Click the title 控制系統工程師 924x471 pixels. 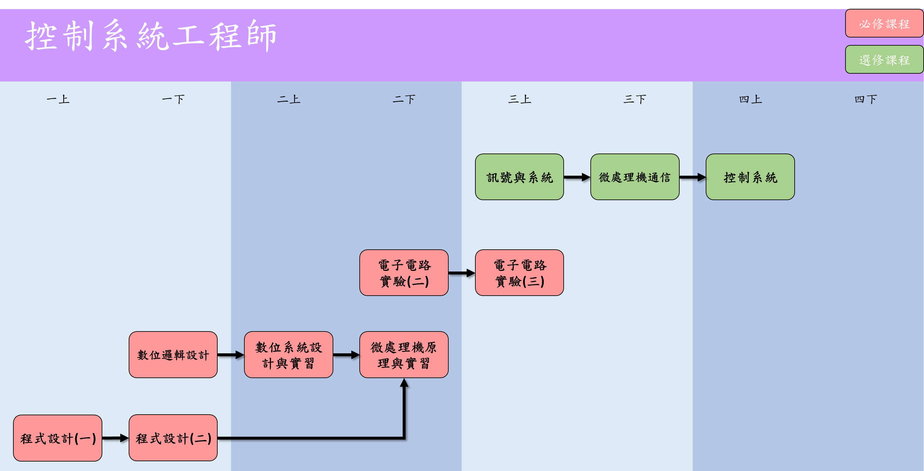[x=151, y=36]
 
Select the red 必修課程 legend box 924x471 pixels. [x=884, y=24]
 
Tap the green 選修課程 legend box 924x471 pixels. [x=884, y=60]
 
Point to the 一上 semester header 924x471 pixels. [x=58, y=99]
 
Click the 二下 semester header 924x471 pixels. [x=404, y=99]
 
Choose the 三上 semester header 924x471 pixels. [x=519, y=99]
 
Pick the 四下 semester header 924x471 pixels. [x=866, y=99]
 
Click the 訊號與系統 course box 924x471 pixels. [x=519, y=177]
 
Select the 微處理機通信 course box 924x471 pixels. [x=635, y=177]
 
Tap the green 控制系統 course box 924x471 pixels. [x=750, y=177]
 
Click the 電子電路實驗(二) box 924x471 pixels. [x=404, y=272]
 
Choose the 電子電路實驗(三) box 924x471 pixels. [x=519, y=272]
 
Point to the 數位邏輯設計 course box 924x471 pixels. [x=173, y=354]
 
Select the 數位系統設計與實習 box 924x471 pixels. [x=288, y=354]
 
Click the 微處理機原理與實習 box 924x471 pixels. [x=404, y=354]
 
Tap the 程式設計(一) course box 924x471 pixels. [x=58, y=438]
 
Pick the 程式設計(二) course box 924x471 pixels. [x=173, y=438]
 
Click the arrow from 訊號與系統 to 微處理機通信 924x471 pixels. [x=577, y=177]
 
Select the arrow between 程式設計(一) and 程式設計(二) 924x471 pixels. [x=115, y=438]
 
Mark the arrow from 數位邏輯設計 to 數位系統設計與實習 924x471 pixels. [x=231, y=355]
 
